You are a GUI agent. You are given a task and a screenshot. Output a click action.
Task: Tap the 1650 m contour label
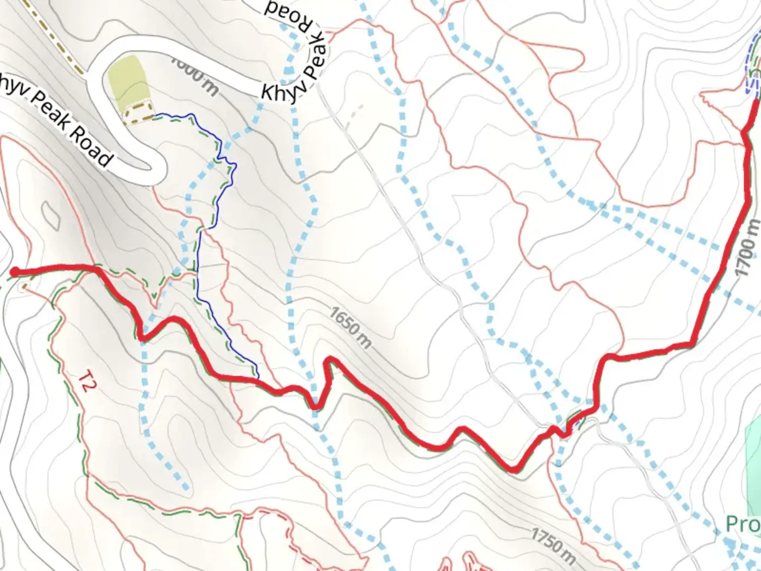point(350,327)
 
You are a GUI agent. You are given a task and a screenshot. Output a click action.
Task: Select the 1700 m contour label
point(748,248)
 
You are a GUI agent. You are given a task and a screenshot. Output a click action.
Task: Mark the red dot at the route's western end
point(15,272)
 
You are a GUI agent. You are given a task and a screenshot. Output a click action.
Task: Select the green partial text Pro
point(743,524)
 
